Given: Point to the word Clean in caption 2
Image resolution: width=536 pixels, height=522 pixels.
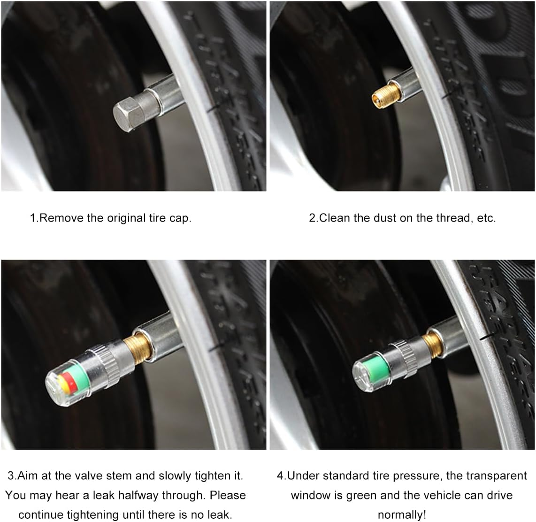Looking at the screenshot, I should pos(335,218).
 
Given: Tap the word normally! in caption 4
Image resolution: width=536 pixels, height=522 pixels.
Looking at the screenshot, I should pos(402,514).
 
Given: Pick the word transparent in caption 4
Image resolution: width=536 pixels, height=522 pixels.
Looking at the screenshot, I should pos(497,476).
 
